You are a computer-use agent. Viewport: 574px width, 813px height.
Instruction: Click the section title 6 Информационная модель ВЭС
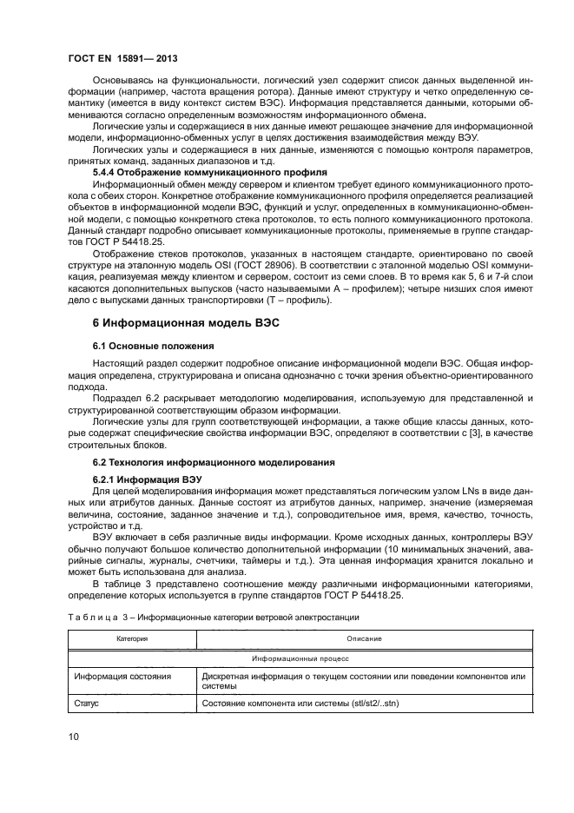coord(185,321)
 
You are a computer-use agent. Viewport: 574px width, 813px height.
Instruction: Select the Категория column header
coord(132,638)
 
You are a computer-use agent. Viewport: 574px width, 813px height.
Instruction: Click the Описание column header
coord(364,638)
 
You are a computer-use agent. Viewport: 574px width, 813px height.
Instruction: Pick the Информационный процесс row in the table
coord(302,659)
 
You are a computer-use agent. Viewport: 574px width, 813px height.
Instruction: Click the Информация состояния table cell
coord(122,676)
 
